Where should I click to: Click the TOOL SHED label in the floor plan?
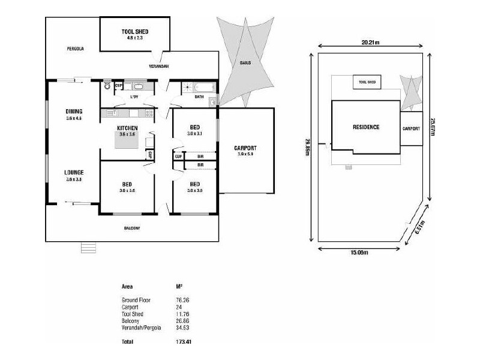(134, 31)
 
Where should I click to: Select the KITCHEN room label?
(127, 128)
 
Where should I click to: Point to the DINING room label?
(74, 112)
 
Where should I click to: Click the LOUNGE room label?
(74, 172)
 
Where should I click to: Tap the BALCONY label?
(132, 228)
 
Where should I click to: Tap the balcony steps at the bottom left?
(88, 247)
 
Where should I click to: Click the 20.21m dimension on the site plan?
(370, 43)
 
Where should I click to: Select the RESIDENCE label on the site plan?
(365, 127)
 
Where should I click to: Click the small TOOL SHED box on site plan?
(367, 82)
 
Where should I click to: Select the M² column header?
(178, 287)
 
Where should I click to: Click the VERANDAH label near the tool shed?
(158, 66)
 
